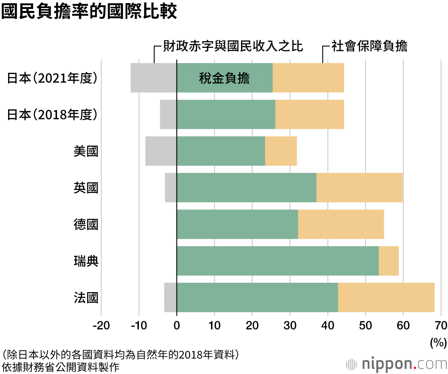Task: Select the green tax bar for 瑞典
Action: [x=278, y=261]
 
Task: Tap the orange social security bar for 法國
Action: [x=386, y=297]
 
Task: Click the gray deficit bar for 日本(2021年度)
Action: [x=154, y=78]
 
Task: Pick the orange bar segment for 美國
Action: [x=281, y=151]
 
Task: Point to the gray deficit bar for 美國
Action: [x=161, y=151]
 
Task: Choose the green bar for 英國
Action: [x=247, y=188]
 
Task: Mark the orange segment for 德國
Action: [x=341, y=224]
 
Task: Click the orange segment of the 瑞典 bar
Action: [x=389, y=261]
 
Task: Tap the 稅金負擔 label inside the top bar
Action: [x=224, y=79]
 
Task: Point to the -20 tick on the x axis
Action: [x=101, y=325]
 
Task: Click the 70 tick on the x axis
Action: [x=441, y=325]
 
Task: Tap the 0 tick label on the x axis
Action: [x=177, y=325]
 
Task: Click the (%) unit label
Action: [x=438, y=343]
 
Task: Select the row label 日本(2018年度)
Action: [x=52, y=115]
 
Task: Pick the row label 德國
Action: [x=86, y=225]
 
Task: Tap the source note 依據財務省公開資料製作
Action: [x=61, y=367]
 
